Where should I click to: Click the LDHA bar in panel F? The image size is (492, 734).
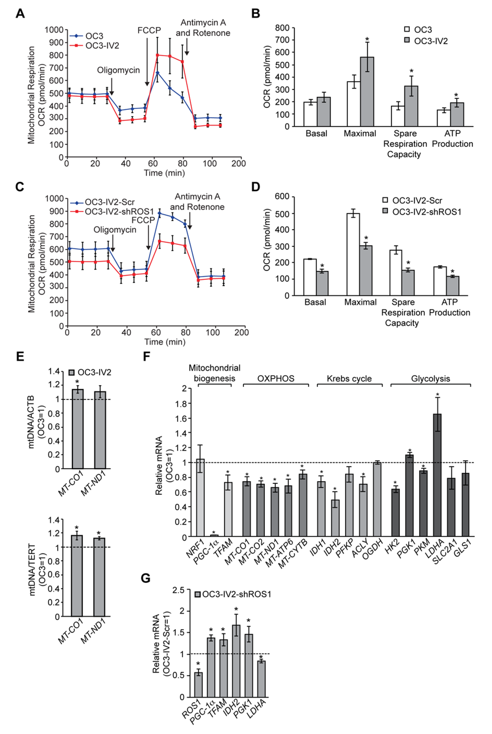click(x=437, y=475)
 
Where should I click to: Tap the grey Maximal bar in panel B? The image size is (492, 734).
click(x=367, y=92)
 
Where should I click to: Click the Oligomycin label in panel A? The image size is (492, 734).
click(x=118, y=70)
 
